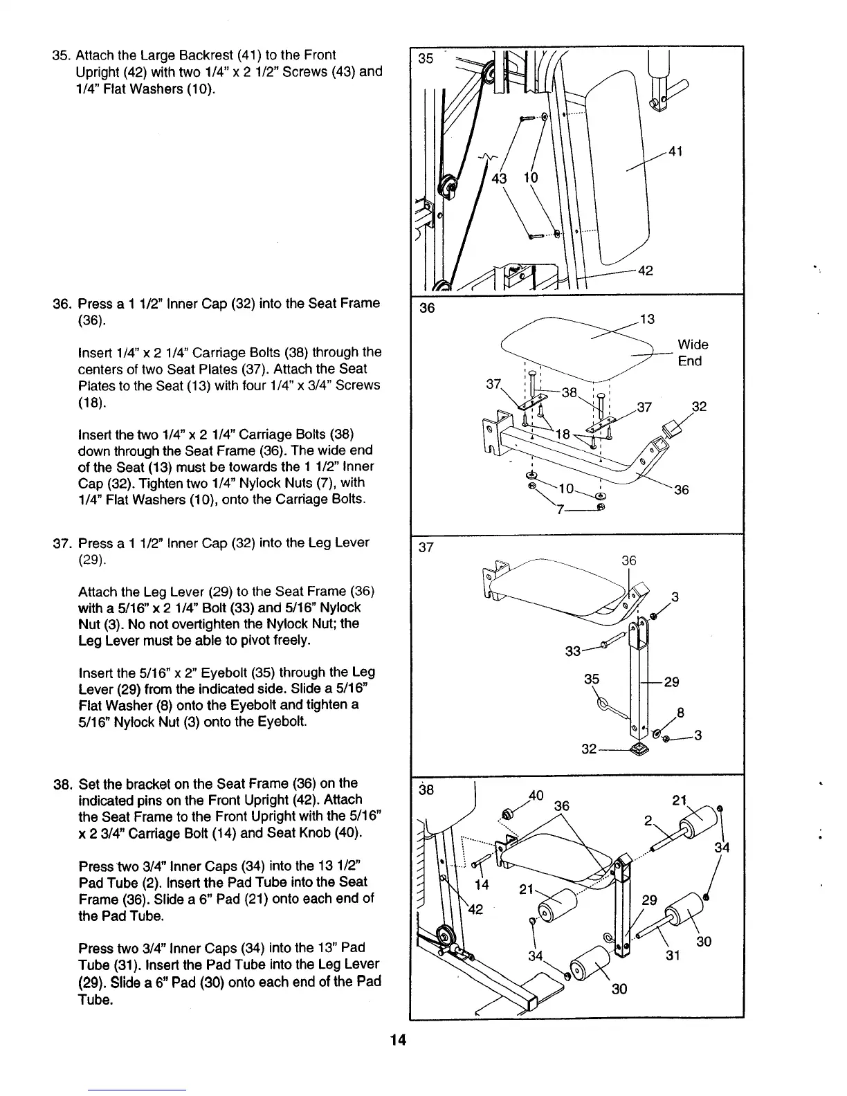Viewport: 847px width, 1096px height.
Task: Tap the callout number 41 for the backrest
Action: [x=675, y=151]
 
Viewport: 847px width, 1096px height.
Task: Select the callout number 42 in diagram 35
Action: [x=645, y=271]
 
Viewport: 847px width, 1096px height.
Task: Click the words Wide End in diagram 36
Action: [x=693, y=353]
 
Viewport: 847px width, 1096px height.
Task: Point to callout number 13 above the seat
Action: [x=647, y=319]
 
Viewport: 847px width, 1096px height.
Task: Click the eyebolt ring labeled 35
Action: [x=603, y=704]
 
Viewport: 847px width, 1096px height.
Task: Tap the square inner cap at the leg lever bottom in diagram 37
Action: [x=639, y=749]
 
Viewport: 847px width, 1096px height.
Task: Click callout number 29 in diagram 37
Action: [x=671, y=682]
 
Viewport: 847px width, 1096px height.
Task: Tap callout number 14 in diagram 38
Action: [x=482, y=885]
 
